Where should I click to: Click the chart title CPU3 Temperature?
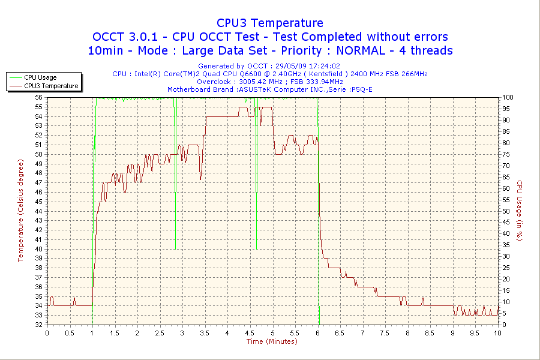click(x=270, y=23)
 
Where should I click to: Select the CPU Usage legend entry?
click(x=40, y=77)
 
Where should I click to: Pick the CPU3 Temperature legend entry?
click(x=51, y=86)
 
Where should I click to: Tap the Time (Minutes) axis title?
click(x=272, y=341)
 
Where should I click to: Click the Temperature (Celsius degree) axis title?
click(x=20, y=211)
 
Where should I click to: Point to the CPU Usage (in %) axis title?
click(x=520, y=211)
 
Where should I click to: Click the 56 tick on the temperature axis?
click(x=38, y=97)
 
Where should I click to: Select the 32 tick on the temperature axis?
click(x=38, y=325)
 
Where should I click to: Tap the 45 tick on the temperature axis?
click(x=38, y=202)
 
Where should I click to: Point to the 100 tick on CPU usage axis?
click(x=508, y=97)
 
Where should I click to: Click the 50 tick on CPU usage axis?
click(x=506, y=211)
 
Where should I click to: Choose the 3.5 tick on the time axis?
click(x=205, y=332)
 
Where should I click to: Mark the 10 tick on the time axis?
click(x=497, y=332)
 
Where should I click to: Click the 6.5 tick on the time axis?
click(x=340, y=332)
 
